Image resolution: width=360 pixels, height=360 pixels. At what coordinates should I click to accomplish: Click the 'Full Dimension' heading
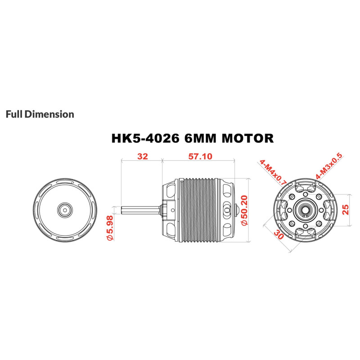tap(40, 114)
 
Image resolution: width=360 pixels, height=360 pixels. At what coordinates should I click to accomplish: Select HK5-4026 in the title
tap(145, 139)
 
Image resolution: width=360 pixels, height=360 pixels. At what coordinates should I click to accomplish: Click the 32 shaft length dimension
tap(143, 156)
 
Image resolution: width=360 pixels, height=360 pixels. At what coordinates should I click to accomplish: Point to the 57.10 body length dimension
tap(200, 156)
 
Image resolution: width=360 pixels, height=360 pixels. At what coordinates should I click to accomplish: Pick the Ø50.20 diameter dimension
tap(245, 210)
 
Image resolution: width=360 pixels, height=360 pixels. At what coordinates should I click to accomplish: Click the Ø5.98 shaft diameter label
tap(110, 228)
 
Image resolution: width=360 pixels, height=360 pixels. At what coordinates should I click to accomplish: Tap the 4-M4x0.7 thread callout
tap(273, 172)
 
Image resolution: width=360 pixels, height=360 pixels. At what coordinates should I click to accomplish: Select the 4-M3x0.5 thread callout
tap(329, 166)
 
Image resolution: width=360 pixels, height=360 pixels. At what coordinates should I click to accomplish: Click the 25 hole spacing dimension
tap(345, 209)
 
